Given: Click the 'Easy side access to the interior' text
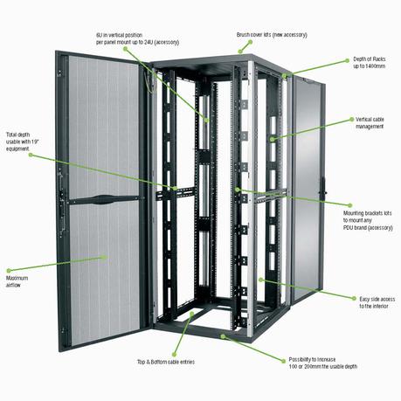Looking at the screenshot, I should click(x=377, y=301).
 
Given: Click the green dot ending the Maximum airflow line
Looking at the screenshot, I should click(x=104, y=257).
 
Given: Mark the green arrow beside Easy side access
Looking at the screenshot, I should click(x=355, y=299).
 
